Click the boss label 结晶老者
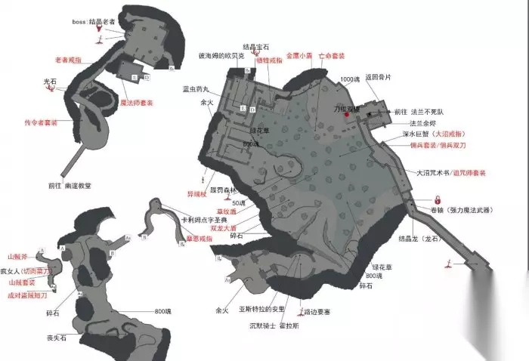[94, 22]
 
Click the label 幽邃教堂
[76, 184]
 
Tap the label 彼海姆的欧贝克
[221, 57]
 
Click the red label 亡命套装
[333, 57]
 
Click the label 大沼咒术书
[434, 172]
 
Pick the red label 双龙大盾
[226, 226]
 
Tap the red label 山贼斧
[17, 256]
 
